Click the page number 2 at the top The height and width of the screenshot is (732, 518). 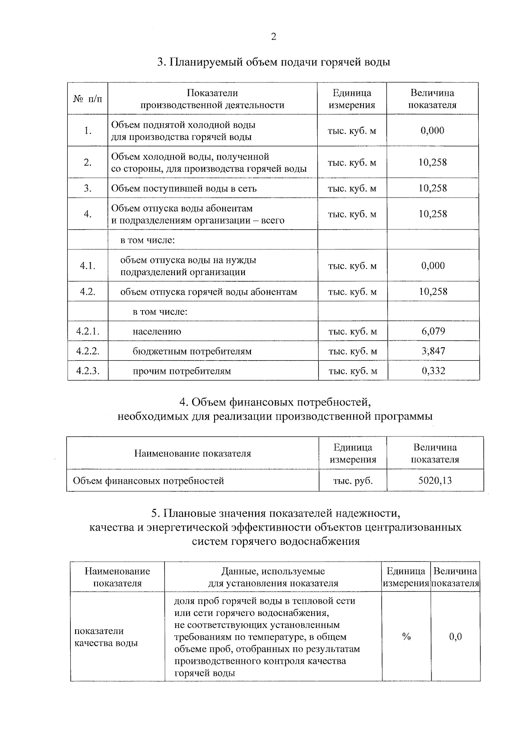point(273,37)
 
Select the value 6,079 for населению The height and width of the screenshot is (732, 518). point(433,331)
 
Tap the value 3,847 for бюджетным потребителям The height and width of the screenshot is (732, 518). point(433,351)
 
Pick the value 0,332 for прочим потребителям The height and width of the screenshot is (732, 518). point(433,371)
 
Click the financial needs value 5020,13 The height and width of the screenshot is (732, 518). point(435,481)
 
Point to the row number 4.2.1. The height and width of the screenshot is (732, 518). point(88,331)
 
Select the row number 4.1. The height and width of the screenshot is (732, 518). point(88,266)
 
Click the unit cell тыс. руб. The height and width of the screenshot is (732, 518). point(353,481)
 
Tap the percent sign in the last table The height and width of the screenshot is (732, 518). point(406,637)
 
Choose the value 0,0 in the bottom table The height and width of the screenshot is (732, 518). point(455,637)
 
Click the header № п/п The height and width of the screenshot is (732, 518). point(88,99)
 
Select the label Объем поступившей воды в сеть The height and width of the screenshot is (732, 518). point(184,188)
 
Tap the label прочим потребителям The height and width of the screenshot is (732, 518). point(182,371)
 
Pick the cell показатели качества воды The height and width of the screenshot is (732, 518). point(106,637)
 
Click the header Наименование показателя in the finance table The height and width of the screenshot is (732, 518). point(193,453)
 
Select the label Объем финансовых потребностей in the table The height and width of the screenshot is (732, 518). point(148,481)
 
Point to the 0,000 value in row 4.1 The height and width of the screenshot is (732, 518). point(433,266)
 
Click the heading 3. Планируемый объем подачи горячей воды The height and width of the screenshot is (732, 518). point(274,62)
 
